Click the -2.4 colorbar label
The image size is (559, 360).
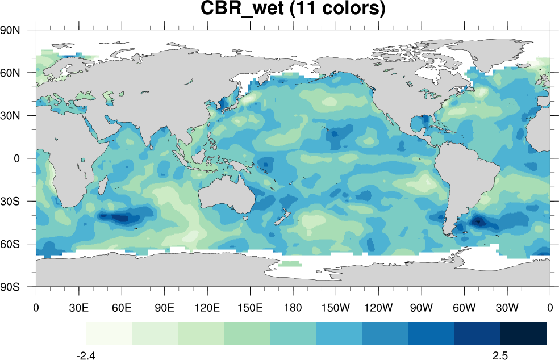tap(86, 355)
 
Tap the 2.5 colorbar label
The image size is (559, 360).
tap(500, 355)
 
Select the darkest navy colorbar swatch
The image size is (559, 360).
tap(523, 333)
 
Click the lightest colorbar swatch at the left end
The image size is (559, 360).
tap(109, 333)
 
